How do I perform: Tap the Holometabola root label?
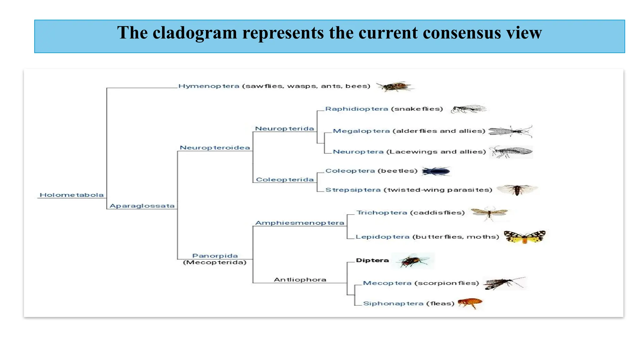point(72,195)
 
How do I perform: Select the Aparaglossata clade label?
point(142,206)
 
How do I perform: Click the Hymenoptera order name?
point(209,86)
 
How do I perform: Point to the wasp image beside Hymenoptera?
point(395,86)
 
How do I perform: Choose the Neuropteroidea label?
point(215,148)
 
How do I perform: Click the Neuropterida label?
point(284,129)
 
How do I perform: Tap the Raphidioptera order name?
point(357,109)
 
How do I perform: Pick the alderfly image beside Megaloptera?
point(510,131)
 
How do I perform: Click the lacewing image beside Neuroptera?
point(511,152)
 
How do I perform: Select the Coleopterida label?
point(285,180)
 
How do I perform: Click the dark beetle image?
point(436,171)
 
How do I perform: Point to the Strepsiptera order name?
point(353,190)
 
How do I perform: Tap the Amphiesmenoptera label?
point(300,223)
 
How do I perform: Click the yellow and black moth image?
point(525,237)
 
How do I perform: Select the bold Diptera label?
point(372,260)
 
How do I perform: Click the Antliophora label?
point(300,280)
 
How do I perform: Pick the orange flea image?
point(470,303)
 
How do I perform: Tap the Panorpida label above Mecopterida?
point(215,256)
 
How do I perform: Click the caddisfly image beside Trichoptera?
point(489,213)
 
